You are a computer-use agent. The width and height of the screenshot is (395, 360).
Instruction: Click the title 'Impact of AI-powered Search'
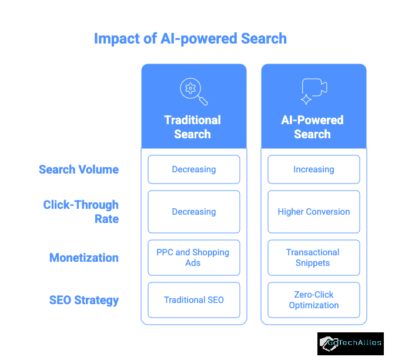tap(190, 39)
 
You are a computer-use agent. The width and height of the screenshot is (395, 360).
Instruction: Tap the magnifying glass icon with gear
tap(194, 92)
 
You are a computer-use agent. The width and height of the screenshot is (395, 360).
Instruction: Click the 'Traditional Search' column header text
tap(192, 127)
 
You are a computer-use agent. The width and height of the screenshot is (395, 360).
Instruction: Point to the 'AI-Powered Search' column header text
tap(312, 127)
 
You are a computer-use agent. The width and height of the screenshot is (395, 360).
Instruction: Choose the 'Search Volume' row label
tap(79, 169)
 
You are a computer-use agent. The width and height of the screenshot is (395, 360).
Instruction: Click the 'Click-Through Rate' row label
tap(81, 212)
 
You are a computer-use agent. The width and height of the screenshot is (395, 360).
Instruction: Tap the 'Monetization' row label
tap(84, 258)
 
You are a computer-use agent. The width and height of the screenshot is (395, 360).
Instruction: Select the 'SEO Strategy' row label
tap(84, 300)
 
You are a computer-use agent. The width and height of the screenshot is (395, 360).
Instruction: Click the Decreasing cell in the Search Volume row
tap(194, 169)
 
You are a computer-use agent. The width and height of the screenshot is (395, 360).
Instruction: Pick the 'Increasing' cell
tap(314, 169)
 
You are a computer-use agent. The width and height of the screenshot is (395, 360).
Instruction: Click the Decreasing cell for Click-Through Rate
tap(194, 212)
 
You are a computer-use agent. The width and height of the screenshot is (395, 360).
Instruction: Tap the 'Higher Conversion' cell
tap(314, 212)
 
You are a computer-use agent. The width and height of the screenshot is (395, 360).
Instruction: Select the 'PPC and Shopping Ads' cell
tap(194, 258)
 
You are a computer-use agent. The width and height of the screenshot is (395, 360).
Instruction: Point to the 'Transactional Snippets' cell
tap(314, 258)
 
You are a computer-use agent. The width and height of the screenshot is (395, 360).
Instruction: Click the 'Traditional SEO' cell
tap(194, 300)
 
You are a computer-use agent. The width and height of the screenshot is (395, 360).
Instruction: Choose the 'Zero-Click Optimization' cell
tap(314, 300)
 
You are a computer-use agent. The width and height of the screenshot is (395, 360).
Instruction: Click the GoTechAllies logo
tap(350, 344)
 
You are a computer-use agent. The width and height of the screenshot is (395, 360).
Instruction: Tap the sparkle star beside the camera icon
tap(306, 99)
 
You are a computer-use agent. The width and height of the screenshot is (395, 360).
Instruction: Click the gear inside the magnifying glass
tap(190, 88)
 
